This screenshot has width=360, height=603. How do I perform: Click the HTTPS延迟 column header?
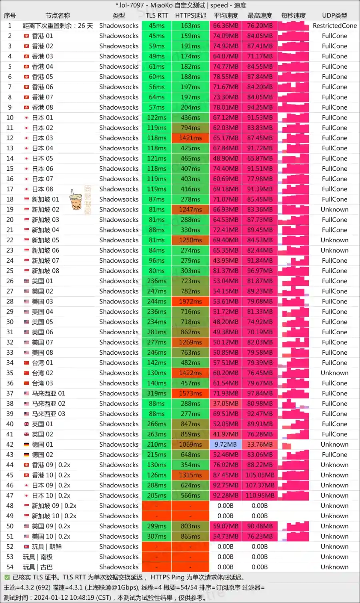(190, 16)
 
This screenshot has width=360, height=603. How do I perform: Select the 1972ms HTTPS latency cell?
(190, 301)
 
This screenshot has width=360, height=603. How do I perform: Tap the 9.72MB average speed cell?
(226, 444)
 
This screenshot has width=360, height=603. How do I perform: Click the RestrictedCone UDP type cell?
(334, 26)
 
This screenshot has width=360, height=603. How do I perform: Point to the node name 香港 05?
(42, 77)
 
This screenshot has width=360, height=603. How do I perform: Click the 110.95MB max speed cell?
(260, 495)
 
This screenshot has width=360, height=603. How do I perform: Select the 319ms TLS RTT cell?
(157, 393)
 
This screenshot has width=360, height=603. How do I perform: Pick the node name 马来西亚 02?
(48, 403)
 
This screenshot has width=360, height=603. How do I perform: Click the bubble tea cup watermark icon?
(76, 200)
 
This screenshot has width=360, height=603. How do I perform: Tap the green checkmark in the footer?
(7, 577)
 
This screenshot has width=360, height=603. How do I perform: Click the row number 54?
(10, 567)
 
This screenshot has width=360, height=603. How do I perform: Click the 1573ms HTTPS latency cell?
(190, 393)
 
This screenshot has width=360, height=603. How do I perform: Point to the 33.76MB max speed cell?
(260, 444)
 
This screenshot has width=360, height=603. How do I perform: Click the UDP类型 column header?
(334, 16)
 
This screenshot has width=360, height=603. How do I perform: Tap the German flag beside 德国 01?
(26, 444)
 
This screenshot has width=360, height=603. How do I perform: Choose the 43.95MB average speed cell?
(226, 261)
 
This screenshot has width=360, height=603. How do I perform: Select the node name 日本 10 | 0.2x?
(51, 495)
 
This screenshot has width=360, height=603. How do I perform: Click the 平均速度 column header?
(226, 16)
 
